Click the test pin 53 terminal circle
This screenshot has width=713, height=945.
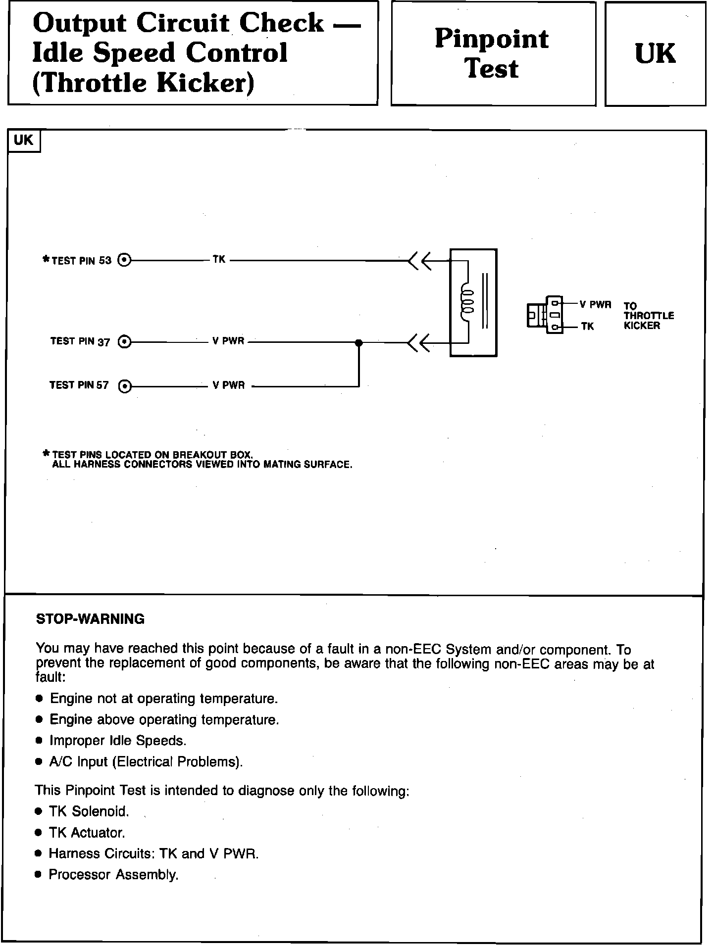pos(125,260)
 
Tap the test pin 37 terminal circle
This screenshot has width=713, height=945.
pos(125,342)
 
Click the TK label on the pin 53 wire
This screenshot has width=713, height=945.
pos(219,259)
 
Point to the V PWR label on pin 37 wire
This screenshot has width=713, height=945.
pos(228,341)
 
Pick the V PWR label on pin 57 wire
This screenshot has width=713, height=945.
pos(228,385)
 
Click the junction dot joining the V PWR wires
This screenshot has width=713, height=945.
pos(359,342)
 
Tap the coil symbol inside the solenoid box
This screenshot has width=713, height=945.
pos(467,301)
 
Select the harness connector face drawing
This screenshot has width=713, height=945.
pos(545,315)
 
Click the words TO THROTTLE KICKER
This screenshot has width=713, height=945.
pos(649,316)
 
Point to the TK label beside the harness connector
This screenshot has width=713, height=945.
pos(588,327)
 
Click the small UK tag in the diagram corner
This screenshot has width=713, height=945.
pos(23,141)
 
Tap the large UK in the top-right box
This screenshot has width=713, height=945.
pos(655,53)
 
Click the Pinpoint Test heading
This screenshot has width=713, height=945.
pos(492,53)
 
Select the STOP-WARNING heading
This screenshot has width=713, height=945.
pos(91,619)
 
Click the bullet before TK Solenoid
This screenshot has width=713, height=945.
pos(39,811)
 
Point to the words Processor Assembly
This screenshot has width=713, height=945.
pos(113,875)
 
